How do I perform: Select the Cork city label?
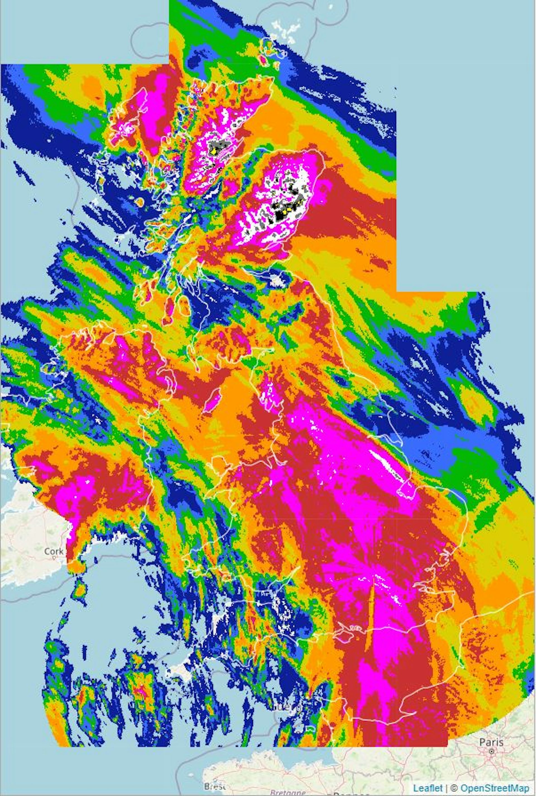[54, 551]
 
